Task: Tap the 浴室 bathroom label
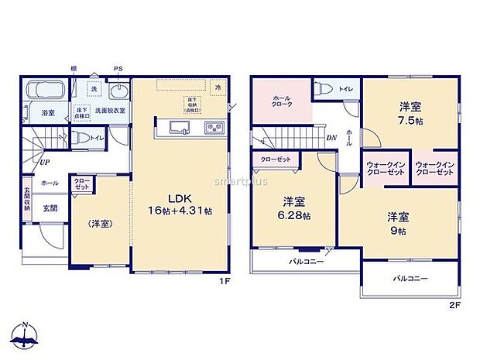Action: click(x=48, y=113)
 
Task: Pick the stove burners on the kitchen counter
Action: click(x=213, y=128)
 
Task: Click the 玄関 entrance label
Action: click(x=50, y=207)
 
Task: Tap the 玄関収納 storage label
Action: click(x=27, y=199)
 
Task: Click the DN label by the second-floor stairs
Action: click(x=331, y=139)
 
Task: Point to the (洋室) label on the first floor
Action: click(x=100, y=224)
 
